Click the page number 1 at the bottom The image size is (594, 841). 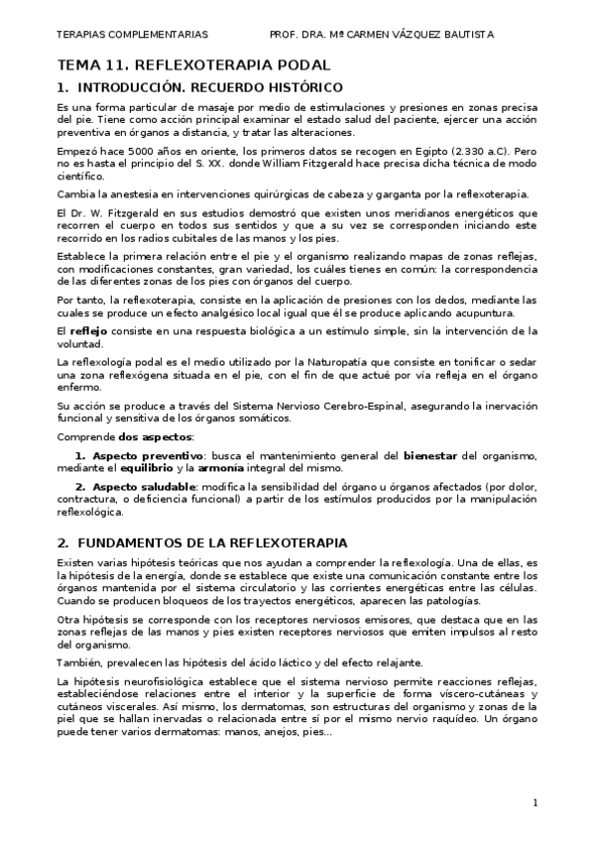tap(535, 801)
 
